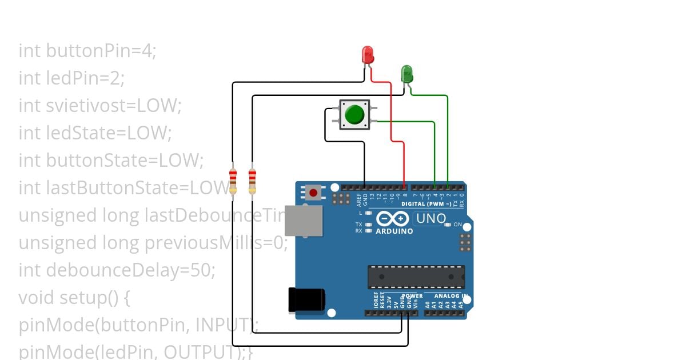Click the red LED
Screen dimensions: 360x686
click(x=368, y=55)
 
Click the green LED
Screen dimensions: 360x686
click(x=407, y=73)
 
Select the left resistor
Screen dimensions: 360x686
click(x=233, y=181)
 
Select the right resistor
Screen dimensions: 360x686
click(x=252, y=181)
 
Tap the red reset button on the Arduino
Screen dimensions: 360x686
click(x=313, y=193)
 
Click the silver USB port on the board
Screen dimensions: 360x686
click(x=303, y=221)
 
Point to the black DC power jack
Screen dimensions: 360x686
click(x=306, y=300)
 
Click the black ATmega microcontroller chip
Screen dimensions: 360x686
click(x=416, y=277)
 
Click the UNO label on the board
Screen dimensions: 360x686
click(x=430, y=218)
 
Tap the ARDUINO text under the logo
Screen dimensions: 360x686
click(x=394, y=231)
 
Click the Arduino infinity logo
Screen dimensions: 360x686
click(x=392, y=219)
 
